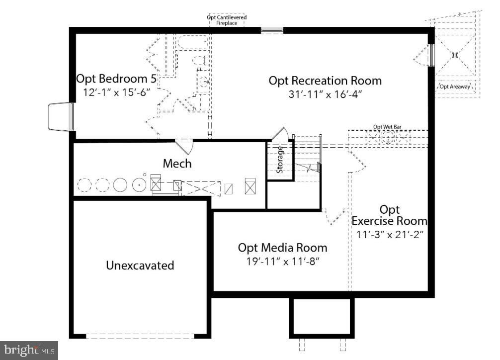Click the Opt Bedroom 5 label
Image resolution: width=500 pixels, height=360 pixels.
[116, 79]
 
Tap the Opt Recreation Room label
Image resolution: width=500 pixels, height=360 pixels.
[325, 80]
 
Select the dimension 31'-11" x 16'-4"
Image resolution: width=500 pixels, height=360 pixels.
[325, 94]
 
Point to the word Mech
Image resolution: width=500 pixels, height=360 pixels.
[177, 163]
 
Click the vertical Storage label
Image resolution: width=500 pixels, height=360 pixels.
[280, 159]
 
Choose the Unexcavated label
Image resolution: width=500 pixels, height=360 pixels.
[140, 265]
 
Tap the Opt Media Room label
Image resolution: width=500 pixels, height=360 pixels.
[282, 247]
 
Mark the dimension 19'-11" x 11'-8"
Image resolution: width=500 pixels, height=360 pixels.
[282, 262]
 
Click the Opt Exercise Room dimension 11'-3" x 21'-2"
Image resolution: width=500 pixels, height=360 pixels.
[389, 234]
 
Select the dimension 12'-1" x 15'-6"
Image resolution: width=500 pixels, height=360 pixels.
[116, 93]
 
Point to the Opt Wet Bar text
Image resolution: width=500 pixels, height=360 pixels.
[387, 127]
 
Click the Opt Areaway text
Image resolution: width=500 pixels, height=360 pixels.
[454, 87]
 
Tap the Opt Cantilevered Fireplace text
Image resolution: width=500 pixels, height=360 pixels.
[227, 20]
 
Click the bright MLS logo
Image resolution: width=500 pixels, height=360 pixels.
[29, 350]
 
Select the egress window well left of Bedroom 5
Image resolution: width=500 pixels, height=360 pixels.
[61, 117]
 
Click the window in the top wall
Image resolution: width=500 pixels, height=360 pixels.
[272, 30]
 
